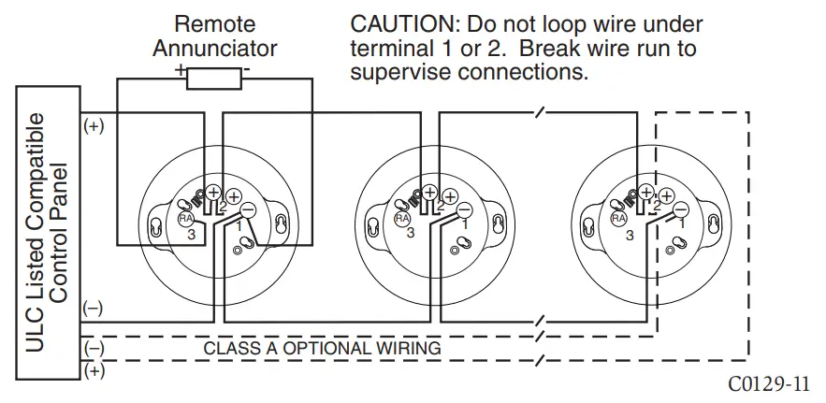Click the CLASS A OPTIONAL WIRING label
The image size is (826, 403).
[322, 348]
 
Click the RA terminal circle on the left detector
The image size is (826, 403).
[185, 218]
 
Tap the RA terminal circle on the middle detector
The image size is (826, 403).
[402, 218]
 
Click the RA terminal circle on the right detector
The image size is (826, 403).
[618, 218]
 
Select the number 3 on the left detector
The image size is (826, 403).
[190, 235]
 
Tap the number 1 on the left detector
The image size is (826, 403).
[239, 225]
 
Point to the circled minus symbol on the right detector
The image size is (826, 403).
[681, 209]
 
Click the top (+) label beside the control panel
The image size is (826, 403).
[94, 126]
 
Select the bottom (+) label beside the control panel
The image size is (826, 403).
[94, 371]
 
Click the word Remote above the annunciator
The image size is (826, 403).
[215, 22]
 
